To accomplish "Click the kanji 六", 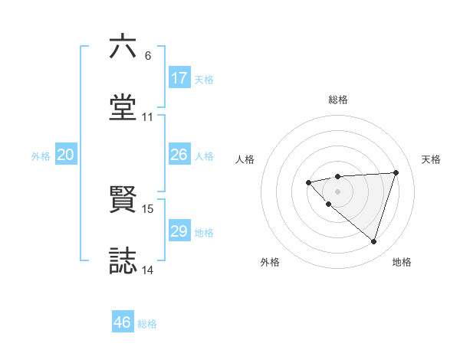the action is (123, 47).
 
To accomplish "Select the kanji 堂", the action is (123, 108).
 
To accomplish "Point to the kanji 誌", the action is (123, 260).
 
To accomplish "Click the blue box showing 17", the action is (179, 78).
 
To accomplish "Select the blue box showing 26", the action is (179, 155).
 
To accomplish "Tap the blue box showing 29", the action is (179, 231).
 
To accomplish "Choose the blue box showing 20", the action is (66, 155).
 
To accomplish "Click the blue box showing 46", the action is (123, 322).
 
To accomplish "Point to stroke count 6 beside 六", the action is (147, 56).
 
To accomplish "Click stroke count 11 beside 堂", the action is (147, 117).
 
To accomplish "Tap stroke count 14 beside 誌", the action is (147, 270).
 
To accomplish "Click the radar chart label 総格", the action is (338, 100).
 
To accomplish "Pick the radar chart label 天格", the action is (432, 159).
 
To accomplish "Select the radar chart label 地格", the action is (402, 262).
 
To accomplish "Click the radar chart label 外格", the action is (270, 262).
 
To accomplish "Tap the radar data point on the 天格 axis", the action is (396, 172).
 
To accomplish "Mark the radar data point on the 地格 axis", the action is (373, 241).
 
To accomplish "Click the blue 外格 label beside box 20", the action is (41, 155).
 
